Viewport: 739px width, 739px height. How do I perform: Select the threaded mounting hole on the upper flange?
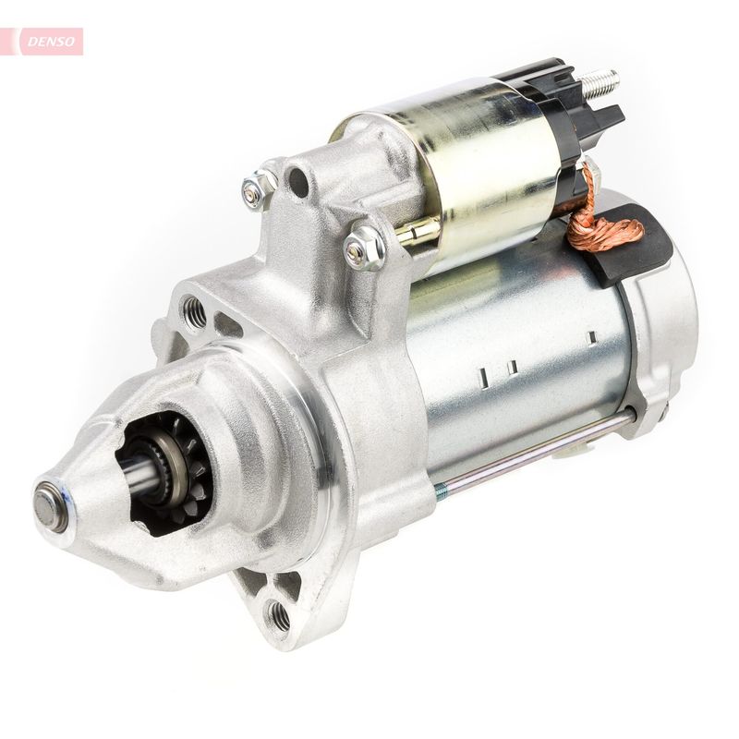point(194,313)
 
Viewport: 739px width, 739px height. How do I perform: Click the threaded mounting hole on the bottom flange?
point(276,614)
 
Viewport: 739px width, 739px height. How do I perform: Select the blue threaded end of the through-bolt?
point(442,492)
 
